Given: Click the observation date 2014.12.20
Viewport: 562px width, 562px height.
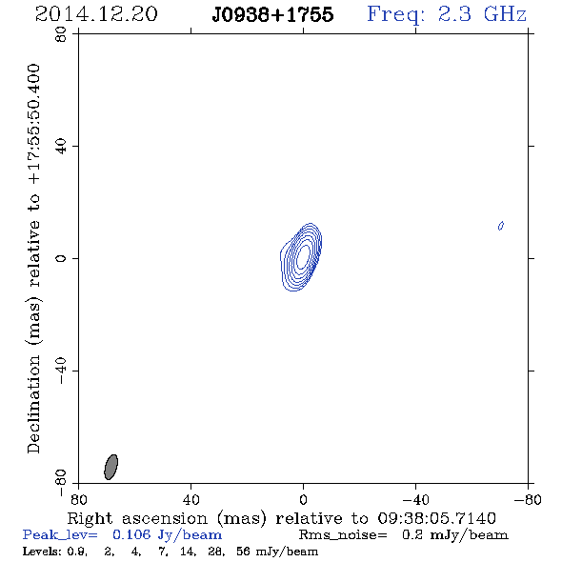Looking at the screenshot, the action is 96,14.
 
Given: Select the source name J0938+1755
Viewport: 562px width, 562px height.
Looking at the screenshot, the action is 272,14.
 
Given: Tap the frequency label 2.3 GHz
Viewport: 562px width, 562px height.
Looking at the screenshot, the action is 482,14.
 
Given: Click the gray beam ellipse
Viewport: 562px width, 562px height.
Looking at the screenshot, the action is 110,467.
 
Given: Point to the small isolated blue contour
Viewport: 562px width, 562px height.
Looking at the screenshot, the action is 501,226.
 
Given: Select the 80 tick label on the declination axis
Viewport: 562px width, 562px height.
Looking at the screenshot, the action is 61,34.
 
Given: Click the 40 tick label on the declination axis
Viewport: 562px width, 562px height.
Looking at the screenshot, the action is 61,147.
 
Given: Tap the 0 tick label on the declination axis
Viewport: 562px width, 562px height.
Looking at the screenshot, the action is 61,258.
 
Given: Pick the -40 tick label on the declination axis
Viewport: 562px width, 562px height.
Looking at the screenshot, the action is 61,371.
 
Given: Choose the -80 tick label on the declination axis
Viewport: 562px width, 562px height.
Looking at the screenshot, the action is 61,483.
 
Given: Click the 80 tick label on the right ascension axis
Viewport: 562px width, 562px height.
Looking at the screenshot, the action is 78,500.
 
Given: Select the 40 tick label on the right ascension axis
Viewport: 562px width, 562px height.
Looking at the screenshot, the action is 191,500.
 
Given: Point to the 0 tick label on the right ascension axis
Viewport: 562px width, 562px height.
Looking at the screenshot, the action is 303,500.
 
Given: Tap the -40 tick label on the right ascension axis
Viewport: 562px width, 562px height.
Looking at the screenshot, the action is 415,500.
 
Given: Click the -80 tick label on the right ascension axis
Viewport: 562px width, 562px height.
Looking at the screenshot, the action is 528,500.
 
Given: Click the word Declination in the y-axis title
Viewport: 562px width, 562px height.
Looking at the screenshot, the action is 33,404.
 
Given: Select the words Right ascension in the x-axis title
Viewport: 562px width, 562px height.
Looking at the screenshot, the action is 137,518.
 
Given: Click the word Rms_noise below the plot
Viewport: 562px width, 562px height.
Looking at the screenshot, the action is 343,535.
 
